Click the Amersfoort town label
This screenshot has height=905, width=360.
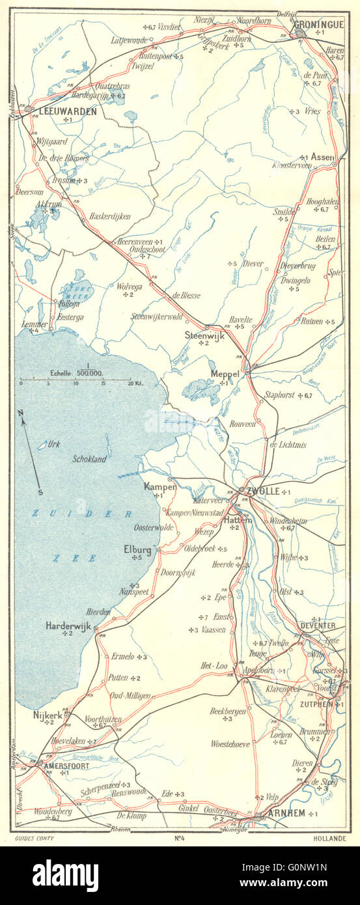(65, 766)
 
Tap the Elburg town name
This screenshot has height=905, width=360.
(137, 550)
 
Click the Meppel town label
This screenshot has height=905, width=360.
(225, 374)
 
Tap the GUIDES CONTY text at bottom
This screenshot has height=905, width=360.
(33, 838)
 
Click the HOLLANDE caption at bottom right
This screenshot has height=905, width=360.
(328, 838)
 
